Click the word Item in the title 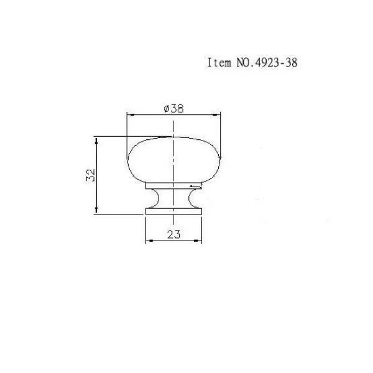point(219,63)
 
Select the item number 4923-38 point(276,63)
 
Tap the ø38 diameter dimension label point(174,109)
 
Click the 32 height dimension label point(91,175)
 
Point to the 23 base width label point(174,234)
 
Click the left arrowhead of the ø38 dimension point(131,115)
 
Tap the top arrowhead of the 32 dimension point(96,141)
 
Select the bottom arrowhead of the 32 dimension point(96,210)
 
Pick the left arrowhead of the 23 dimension point(149,241)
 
